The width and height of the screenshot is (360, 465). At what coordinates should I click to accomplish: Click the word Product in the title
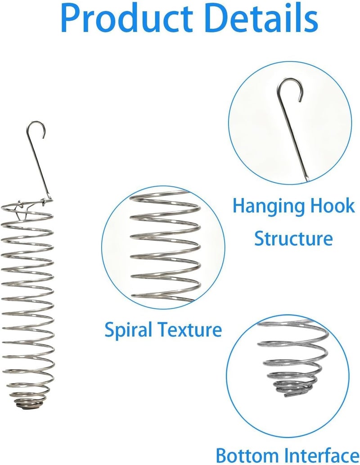pos(126,18)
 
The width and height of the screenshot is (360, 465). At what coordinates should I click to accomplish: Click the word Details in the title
pos(261,18)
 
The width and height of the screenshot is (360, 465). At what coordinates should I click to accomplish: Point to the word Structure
pos(293,238)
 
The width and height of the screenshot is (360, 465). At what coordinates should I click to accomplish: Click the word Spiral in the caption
pos(128,330)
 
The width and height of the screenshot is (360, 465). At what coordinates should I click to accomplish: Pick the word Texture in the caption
pos(189,330)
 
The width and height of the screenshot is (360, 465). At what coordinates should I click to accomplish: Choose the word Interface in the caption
pos(321,455)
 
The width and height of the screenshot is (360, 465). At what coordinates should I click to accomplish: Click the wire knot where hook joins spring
pos(45,201)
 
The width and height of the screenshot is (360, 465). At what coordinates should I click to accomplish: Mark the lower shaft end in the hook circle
pos(307,179)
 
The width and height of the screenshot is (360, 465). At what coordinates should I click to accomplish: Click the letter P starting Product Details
pos(71,18)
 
